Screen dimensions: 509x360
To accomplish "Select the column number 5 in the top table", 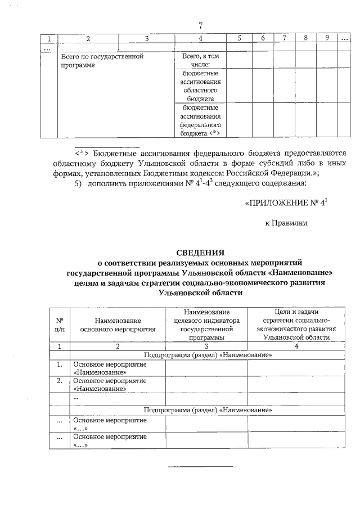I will tap(239, 38).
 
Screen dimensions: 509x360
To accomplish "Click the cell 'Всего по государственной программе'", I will tap(102, 61).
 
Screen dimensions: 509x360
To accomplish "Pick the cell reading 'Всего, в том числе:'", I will tap(200, 61).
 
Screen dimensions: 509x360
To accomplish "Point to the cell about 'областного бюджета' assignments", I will tap(200, 86).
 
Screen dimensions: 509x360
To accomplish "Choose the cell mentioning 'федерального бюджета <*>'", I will tap(200, 120).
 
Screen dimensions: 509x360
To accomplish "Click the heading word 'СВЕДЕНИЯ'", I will tap(200, 253).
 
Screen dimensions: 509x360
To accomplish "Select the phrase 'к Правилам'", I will tap(287, 224).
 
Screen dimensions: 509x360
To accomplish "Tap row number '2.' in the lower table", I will tap(59, 381).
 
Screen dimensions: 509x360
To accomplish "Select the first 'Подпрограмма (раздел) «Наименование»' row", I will tap(208, 355).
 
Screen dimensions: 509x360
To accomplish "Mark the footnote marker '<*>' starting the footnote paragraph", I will tap(83, 152).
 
